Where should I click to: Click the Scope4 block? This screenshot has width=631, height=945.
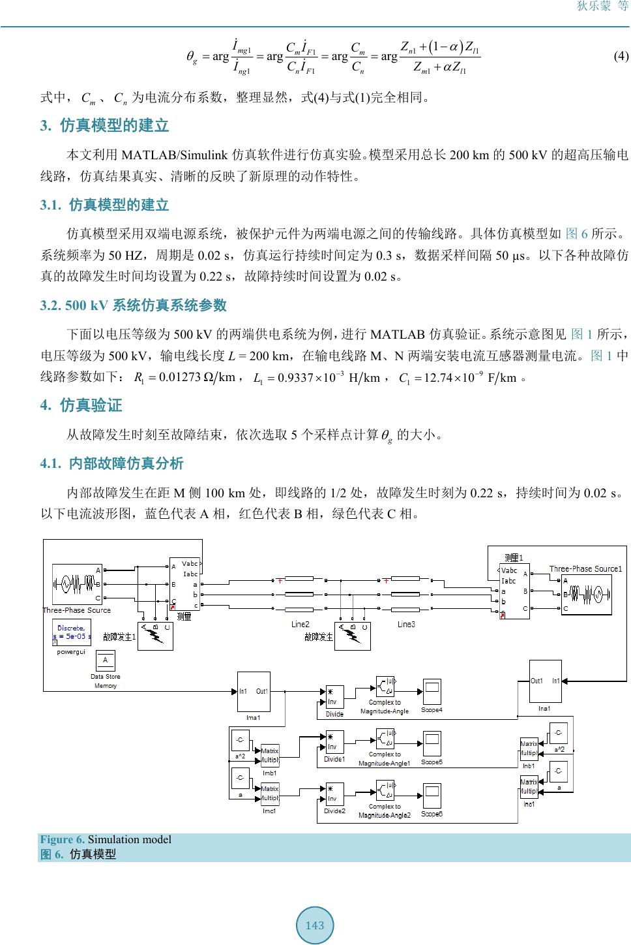(x=432, y=692)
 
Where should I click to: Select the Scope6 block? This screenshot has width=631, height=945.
(x=432, y=796)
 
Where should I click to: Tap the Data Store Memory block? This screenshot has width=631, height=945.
(x=105, y=660)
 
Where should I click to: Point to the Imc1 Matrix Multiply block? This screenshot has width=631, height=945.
(x=270, y=794)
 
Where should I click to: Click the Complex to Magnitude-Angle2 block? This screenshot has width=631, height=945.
(x=385, y=792)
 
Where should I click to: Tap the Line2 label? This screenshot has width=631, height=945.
(x=301, y=625)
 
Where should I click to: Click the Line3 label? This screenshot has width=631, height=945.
(x=406, y=625)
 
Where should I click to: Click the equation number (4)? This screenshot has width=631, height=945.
(x=621, y=56)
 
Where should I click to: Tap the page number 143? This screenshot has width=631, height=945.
(x=315, y=925)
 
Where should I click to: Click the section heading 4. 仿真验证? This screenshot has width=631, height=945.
(x=81, y=405)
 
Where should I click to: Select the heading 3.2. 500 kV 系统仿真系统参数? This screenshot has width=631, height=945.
(x=134, y=305)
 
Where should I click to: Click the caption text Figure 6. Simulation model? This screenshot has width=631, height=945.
(x=106, y=839)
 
